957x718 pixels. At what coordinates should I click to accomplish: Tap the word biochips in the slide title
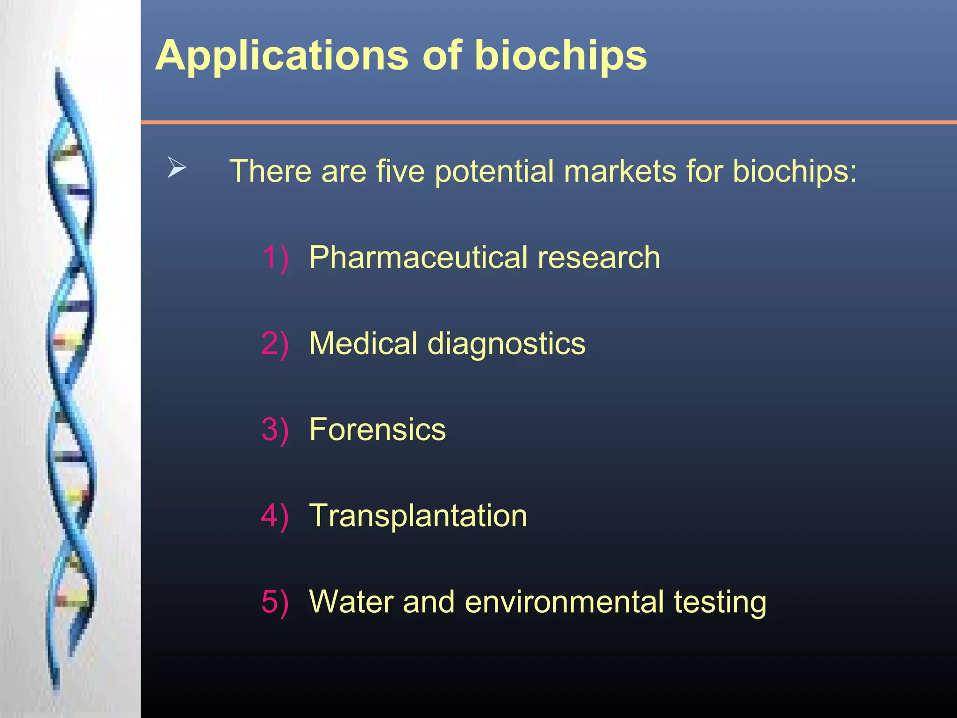point(560,56)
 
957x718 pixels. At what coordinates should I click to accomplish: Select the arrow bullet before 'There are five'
point(177,167)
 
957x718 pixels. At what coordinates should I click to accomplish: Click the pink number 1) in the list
point(275,258)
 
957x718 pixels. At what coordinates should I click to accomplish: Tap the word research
point(599,258)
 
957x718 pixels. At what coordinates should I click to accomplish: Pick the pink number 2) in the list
point(275,344)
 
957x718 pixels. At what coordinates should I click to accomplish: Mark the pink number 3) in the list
point(275,430)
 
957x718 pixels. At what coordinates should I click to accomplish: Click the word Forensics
point(378,430)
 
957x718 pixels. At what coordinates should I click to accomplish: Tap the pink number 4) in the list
point(275,516)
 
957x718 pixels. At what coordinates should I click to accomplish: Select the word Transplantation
point(418,516)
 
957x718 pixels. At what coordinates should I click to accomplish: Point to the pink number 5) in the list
point(275,602)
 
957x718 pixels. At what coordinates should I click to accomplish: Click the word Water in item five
point(351,602)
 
